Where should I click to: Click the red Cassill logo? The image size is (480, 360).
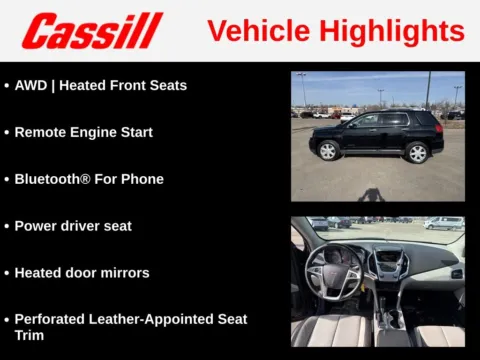tap(92, 31)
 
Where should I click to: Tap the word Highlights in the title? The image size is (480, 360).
tap(400, 31)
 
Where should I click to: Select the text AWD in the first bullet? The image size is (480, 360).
tap(30, 85)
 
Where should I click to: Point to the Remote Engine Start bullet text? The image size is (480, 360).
tap(83, 132)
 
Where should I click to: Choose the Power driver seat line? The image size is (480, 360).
tap(73, 226)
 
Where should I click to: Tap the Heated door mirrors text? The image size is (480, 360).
tap(81, 272)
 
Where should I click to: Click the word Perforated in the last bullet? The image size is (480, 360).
tap(51, 319)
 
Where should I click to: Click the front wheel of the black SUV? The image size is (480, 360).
tap(329, 151)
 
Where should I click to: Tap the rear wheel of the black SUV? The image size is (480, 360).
tap(417, 152)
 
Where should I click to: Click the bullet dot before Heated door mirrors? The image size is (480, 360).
tap(7, 273)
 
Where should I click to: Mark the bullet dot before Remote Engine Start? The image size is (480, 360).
tap(7, 133)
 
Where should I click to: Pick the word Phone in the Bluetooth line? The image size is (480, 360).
tap(143, 179)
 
